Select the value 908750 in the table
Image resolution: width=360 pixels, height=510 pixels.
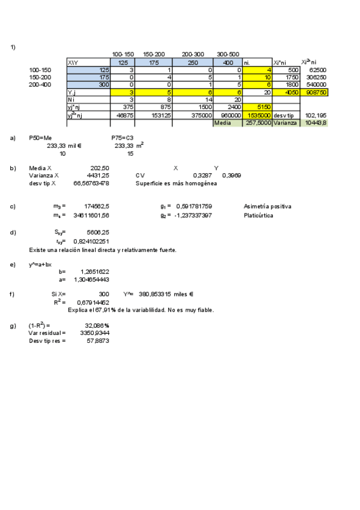point(316,93)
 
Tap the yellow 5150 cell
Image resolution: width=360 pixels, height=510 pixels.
point(255,107)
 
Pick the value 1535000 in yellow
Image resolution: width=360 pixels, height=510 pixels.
point(255,114)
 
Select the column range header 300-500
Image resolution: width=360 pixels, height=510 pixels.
point(228,55)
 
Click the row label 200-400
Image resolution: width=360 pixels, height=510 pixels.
point(40,85)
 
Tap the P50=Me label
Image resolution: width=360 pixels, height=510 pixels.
point(40,138)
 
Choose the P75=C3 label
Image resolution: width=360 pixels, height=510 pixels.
point(122,138)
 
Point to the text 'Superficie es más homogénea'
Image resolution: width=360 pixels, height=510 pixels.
point(176,183)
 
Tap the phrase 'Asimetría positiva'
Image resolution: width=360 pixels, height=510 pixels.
point(267,206)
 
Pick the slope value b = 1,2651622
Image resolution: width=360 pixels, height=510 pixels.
point(94,271)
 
